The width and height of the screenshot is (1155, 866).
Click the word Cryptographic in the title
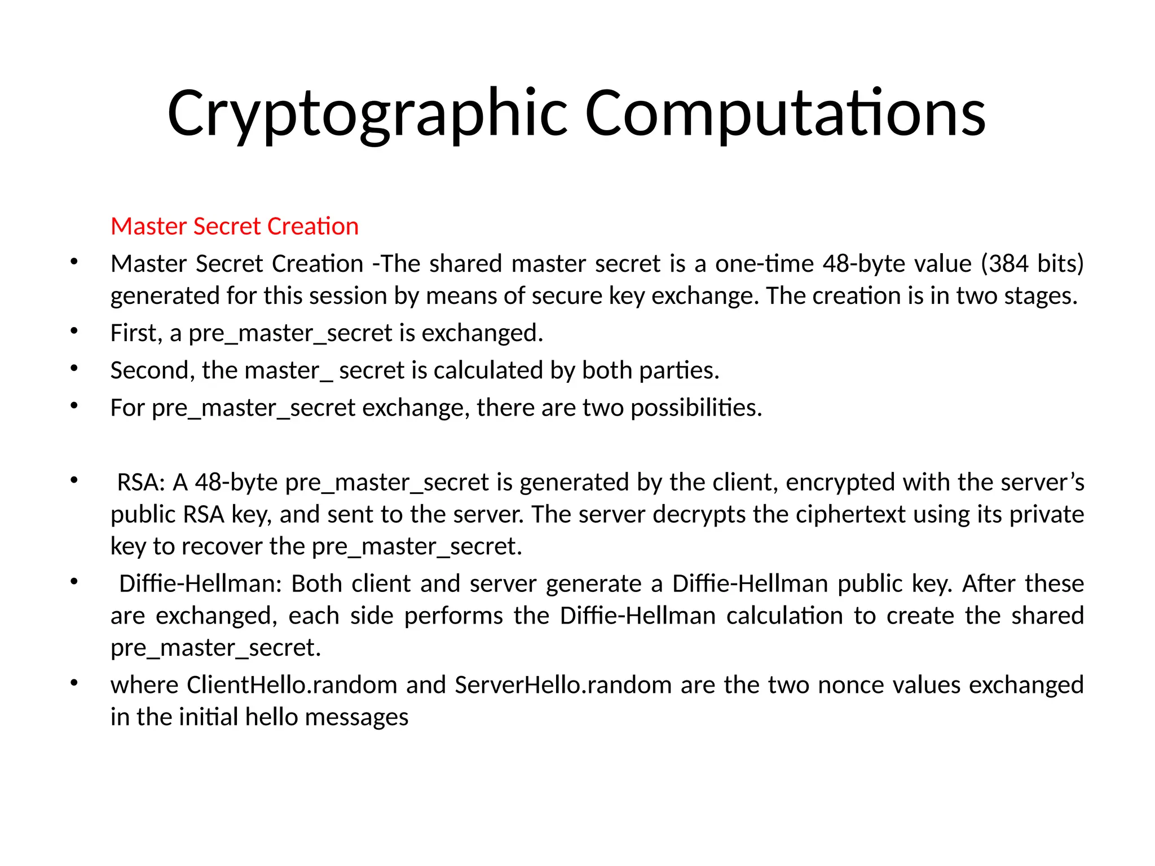tap(367, 114)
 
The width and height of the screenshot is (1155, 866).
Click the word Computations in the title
tap(785, 114)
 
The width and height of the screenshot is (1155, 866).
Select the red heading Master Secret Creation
tap(235, 226)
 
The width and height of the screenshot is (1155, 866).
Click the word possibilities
tap(695, 408)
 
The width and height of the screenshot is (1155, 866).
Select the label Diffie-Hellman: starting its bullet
tap(200, 584)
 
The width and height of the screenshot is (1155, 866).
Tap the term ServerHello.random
tap(563, 685)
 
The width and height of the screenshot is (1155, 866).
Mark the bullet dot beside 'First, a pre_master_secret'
tap(74, 331)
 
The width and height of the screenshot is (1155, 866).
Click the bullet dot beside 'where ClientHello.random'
tap(74, 683)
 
